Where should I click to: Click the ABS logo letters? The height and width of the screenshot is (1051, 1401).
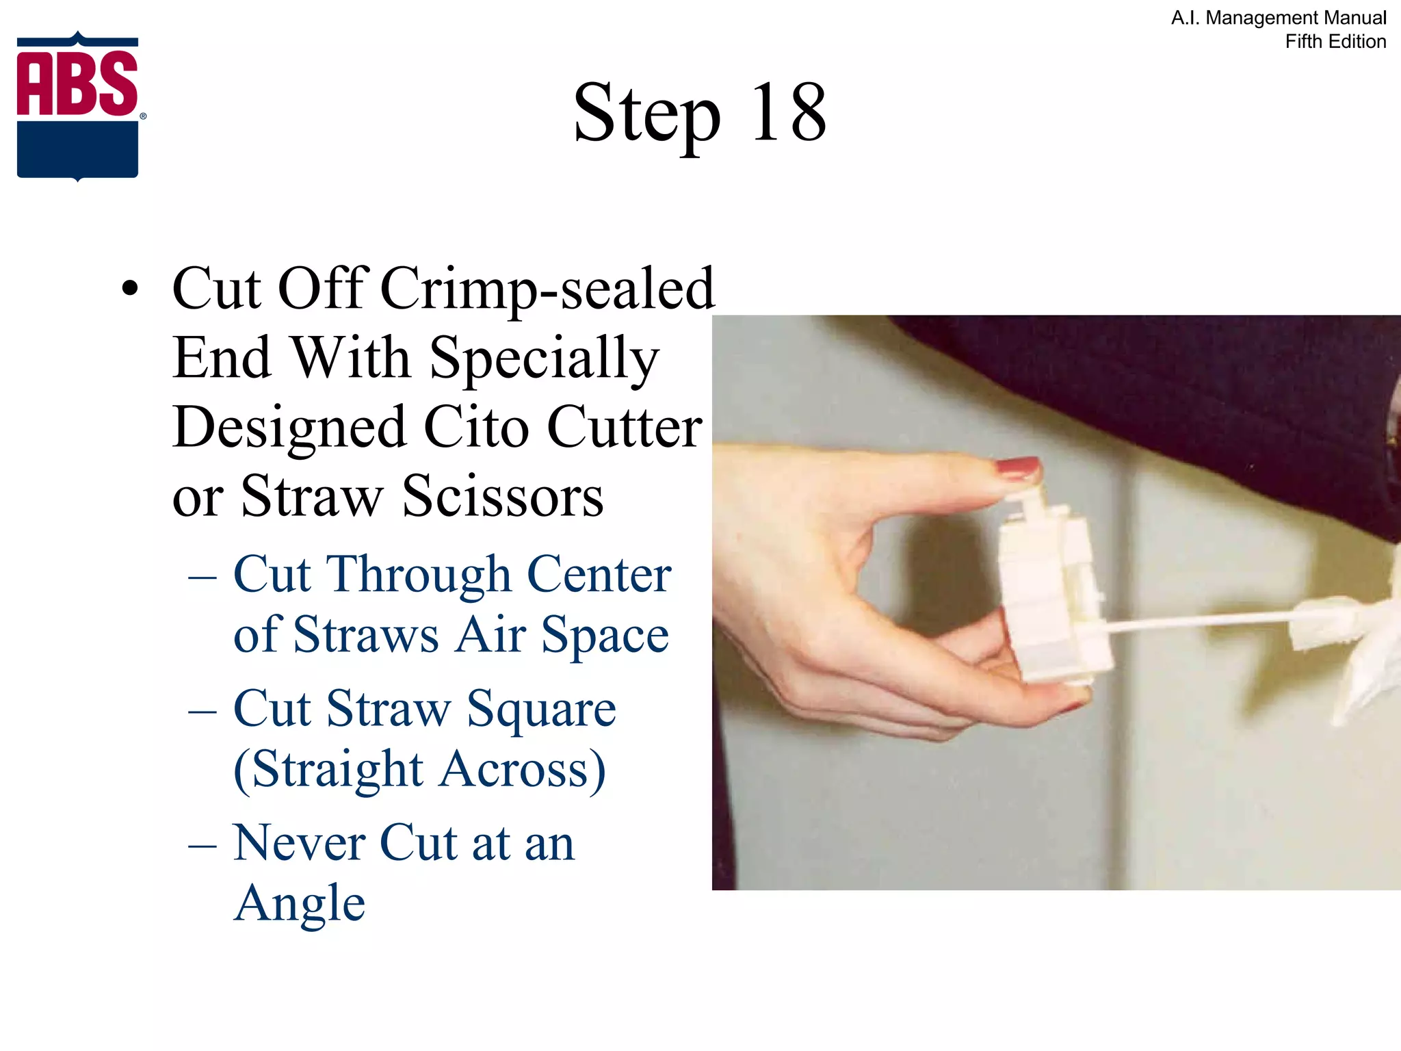click(x=77, y=83)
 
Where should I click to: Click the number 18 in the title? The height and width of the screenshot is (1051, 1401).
click(x=788, y=113)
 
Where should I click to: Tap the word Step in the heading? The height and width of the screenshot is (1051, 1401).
click(x=646, y=115)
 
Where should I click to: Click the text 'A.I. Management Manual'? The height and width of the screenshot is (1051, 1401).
click(x=1278, y=18)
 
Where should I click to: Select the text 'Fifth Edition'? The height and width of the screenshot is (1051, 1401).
click(x=1335, y=42)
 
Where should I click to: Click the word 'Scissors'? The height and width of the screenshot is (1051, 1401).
click(x=503, y=496)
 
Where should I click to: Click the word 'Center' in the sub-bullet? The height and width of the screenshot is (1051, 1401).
click(x=599, y=574)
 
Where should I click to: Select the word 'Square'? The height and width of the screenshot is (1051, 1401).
click(x=541, y=710)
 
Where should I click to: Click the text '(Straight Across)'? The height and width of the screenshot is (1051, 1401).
click(x=419, y=770)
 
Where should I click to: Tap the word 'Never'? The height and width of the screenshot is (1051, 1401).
click(x=298, y=842)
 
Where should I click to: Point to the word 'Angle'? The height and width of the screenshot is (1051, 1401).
click(x=299, y=904)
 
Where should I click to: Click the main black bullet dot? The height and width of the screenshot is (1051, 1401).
click(x=129, y=289)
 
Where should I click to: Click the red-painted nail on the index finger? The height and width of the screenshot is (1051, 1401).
click(x=1017, y=469)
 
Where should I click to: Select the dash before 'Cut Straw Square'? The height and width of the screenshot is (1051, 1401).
click(x=202, y=712)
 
